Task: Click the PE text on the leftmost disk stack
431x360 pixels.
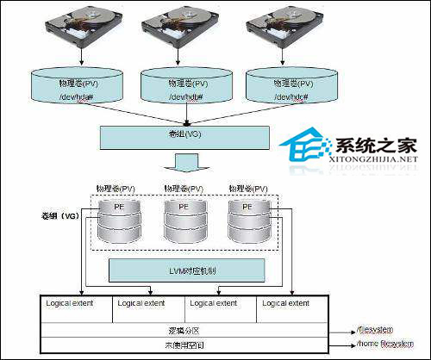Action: [x=117, y=208]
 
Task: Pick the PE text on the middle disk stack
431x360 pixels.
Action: [x=183, y=208]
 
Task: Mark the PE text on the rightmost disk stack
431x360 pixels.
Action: [x=247, y=208]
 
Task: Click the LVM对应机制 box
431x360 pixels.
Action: [x=183, y=270]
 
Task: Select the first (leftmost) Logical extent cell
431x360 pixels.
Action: [x=77, y=303]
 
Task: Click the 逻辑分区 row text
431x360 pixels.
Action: [x=183, y=330]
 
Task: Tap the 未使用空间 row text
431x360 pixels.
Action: [x=183, y=344]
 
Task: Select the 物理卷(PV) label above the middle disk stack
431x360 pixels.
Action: [x=183, y=188]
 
